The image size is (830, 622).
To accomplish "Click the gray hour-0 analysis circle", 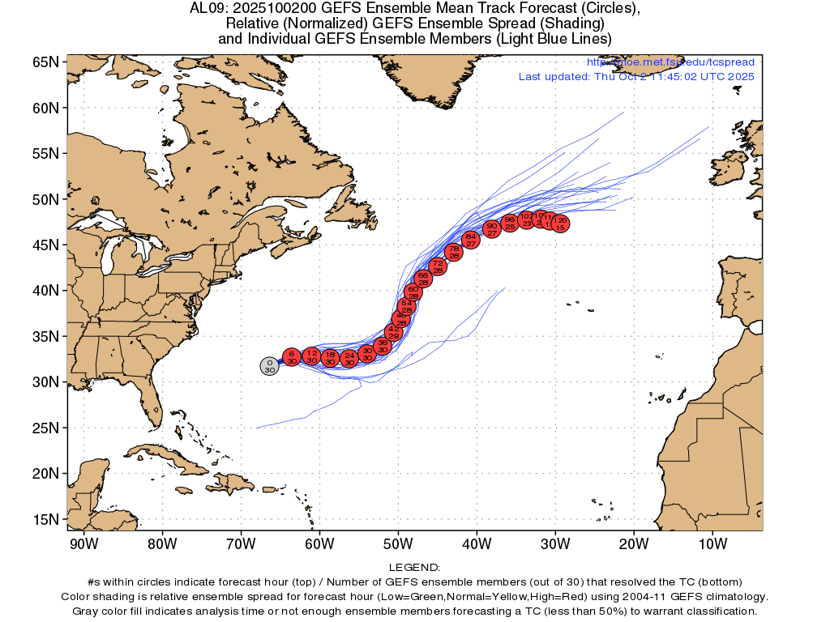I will (270, 365).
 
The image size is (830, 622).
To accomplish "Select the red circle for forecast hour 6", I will (292, 357).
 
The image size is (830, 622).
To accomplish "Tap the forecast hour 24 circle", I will (349, 358).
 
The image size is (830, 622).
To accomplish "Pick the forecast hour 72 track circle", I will (438, 266).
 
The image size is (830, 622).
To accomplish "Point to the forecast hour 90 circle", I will (492, 228).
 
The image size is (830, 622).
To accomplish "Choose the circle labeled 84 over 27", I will (471, 239).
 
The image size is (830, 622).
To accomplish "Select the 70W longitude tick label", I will (241, 543).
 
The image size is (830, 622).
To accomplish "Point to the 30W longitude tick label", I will (555, 543).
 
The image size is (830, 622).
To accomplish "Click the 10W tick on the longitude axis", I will (712, 543).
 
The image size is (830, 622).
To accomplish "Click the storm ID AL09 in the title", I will (205, 9).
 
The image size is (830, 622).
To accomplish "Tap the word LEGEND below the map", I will (414, 568).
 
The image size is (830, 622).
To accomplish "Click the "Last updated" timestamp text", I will (636, 77).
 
